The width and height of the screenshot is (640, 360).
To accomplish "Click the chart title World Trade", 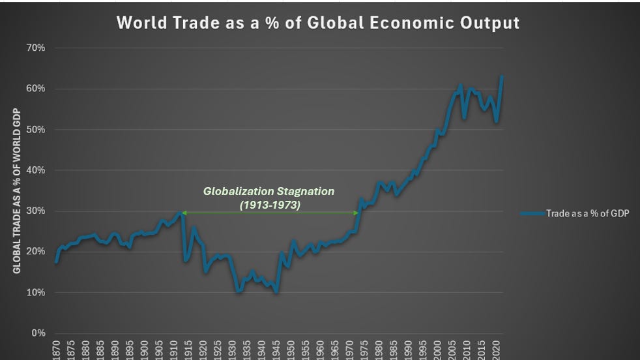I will point(318,22).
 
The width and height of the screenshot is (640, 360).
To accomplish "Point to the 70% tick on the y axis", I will point(36,48).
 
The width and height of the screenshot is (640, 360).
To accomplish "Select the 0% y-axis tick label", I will point(38,333).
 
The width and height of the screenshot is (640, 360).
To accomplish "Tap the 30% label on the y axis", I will point(36,211).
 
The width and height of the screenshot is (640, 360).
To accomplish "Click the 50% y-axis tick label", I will point(36,130).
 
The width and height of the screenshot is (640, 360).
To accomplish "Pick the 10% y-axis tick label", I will point(36,293).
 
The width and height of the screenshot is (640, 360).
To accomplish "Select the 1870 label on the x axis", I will point(57,350).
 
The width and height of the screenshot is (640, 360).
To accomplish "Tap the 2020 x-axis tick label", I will point(497,350).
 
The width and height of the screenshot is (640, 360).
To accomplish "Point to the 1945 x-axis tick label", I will point(277,350).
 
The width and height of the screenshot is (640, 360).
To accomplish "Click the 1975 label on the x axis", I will point(365,350).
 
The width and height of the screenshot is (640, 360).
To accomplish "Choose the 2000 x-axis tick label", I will point(439,350).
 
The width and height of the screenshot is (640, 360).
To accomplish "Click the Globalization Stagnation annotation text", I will point(269,192).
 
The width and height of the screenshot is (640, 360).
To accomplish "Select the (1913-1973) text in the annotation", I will point(269,203).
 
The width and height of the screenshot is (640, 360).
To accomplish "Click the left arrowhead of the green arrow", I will point(184,213).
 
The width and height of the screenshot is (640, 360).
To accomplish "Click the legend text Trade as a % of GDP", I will point(587,213).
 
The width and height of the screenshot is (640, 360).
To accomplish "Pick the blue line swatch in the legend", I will point(532,213).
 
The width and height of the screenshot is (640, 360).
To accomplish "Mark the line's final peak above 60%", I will point(502,77).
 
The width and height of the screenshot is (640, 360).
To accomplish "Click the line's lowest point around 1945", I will point(276,292).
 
